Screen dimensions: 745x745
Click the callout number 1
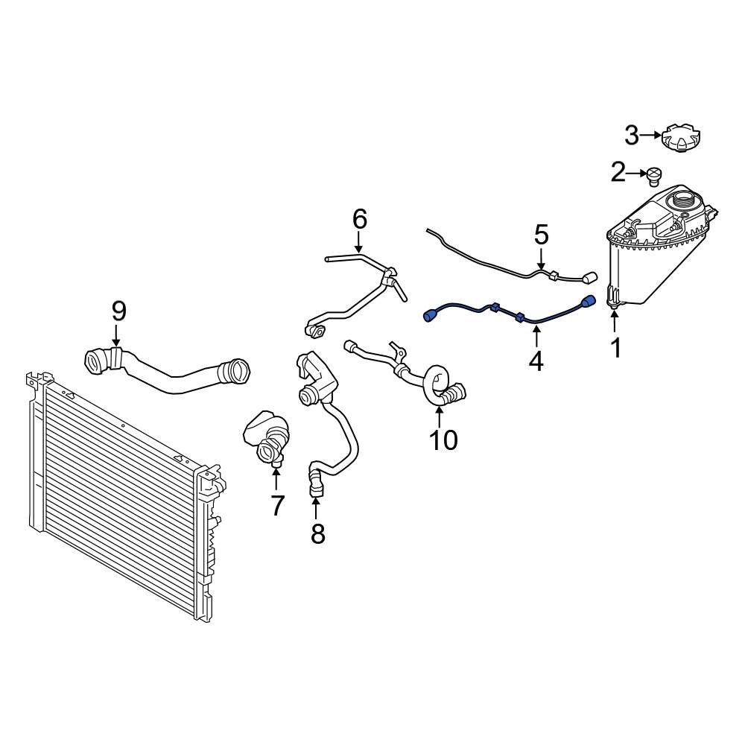click(x=615, y=347)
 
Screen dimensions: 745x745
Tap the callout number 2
click(x=618, y=174)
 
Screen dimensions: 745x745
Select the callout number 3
click(x=631, y=135)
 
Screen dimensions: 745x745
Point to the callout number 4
click(x=536, y=361)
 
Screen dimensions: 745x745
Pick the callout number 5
click(x=541, y=235)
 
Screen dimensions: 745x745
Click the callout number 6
click(x=359, y=219)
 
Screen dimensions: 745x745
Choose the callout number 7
click(x=276, y=506)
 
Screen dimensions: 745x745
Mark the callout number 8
click(x=317, y=533)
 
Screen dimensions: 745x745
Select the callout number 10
click(x=443, y=440)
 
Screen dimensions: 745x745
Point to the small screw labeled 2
click(x=654, y=176)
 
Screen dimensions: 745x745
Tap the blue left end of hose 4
click(x=430, y=316)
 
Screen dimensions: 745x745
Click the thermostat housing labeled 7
click(x=266, y=440)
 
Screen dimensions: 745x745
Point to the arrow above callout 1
click(x=615, y=322)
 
